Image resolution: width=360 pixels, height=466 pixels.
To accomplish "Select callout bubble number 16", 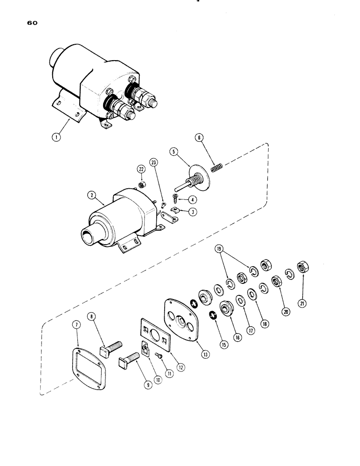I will (x=238, y=336).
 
